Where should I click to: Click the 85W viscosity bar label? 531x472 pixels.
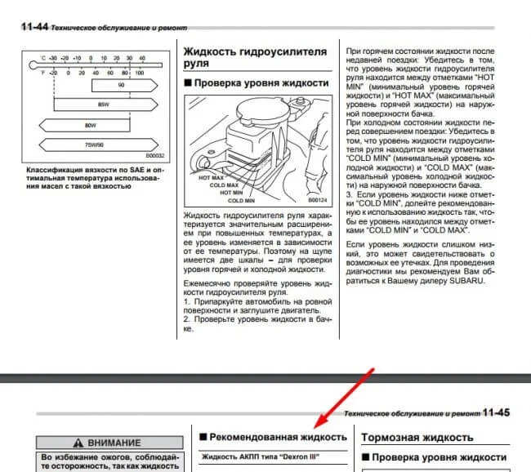[103, 105]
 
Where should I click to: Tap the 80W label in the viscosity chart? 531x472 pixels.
[90, 126]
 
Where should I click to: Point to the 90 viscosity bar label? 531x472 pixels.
[121, 85]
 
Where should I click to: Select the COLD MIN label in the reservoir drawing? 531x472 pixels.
[243, 199]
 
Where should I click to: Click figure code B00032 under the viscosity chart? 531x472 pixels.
[154, 155]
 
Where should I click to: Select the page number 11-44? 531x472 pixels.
[31, 27]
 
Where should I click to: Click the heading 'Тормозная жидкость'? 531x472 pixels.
[417, 437]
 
